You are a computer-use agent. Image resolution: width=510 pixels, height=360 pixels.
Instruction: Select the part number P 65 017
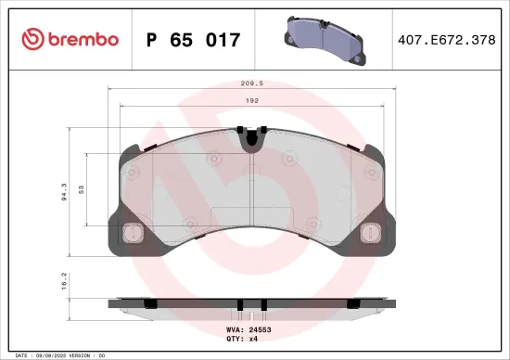click(x=194, y=40)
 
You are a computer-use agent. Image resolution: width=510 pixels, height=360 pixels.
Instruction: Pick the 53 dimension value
click(x=82, y=189)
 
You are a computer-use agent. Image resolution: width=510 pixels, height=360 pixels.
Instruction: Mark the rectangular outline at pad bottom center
click(x=250, y=219)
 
